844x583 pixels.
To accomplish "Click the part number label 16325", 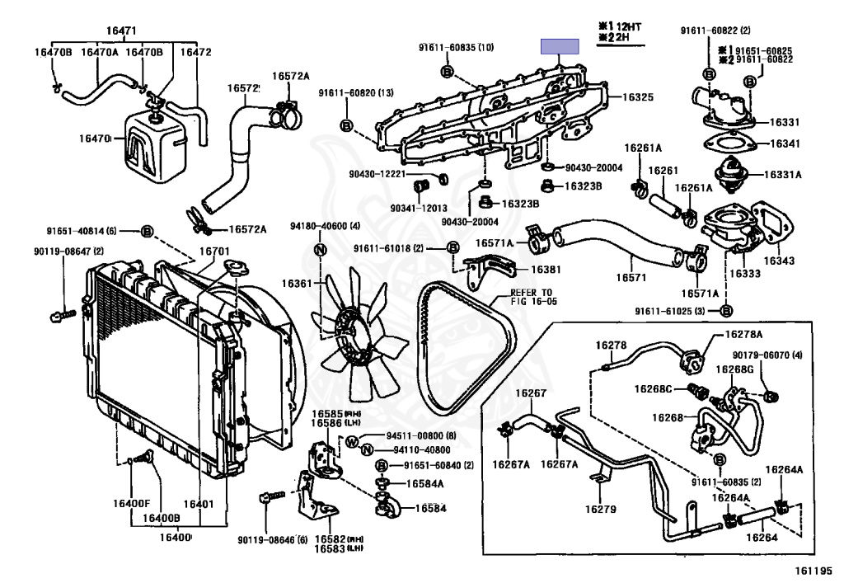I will pos(637,96).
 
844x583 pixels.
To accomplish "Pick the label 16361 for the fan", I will pos(298,283).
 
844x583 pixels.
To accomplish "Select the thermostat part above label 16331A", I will pos(727,176).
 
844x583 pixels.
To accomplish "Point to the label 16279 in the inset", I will pos(601,509).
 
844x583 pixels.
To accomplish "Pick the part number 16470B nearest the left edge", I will pos(54,52).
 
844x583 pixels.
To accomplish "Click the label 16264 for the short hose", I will pos(762,538).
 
